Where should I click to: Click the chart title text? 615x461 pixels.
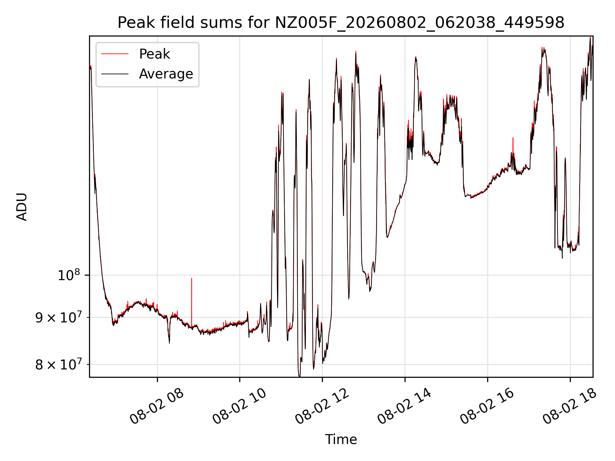pyautogui.click(x=341, y=23)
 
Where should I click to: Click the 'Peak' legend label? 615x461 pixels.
pyautogui.click(x=154, y=54)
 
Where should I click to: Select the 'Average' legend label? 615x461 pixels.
pyautogui.click(x=166, y=74)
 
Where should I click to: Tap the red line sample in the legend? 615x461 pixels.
pyautogui.click(x=115, y=54)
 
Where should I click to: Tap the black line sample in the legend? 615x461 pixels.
pyautogui.click(x=115, y=74)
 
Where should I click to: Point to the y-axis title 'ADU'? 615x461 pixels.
pyautogui.click(x=22, y=207)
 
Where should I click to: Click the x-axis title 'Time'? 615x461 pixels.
pyautogui.click(x=341, y=440)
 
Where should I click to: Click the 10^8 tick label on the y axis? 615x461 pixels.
pyautogui.click(x=69, y=275)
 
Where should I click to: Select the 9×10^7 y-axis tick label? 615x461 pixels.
pyautogui.click(x=58, y=318)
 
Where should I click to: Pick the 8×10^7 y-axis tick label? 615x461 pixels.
pyautogui.click(x=58, y=364)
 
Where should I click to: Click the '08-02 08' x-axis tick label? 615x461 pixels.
pyautogui.click(x=157, y=406)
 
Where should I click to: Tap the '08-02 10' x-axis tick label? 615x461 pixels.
pyautogui.click(x=240, y=406)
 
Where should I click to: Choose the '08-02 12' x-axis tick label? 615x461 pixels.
pyautogui.click(x=322, y=406)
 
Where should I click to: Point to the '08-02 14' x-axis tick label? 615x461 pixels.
pyautogui.click(x=405, y=406)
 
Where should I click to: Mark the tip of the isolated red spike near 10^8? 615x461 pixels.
pyautogui.click(x=192, y=278)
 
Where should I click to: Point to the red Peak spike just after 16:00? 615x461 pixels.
pyautogui.click(x=513, y=138)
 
